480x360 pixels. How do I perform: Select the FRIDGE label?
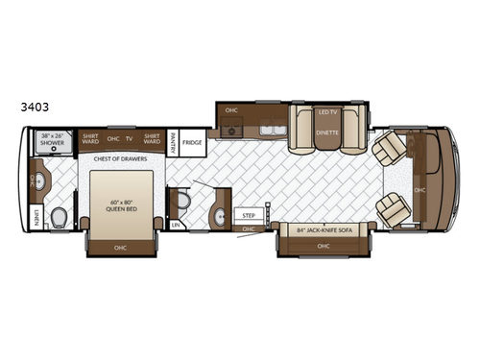[x=193, y=141]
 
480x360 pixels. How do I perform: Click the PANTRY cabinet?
[x=174, y=141]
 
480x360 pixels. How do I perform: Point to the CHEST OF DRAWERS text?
[x=121, y=159]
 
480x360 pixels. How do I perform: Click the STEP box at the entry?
[x=249, y=216]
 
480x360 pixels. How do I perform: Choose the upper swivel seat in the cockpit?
[x=391, y=149]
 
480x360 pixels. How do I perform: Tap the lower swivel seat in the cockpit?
[x=392, y=207]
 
